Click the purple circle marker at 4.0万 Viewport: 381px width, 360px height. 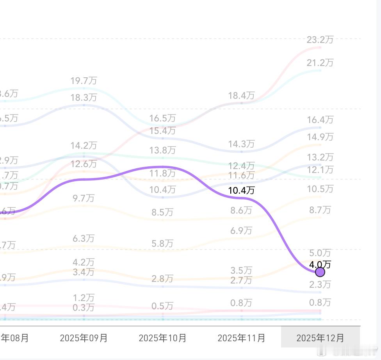320,272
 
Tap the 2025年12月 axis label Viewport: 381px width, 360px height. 320,338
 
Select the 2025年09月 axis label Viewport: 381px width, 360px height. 84,338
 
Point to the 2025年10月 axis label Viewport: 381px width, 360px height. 162,338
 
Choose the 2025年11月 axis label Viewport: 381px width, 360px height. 241,338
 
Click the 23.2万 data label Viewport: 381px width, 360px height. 320,39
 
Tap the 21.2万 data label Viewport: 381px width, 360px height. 320,62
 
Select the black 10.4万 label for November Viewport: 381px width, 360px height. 241,190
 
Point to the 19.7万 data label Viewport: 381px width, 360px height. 84,80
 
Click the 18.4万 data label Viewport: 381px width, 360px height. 241,95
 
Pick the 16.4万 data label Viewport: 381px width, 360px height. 320,119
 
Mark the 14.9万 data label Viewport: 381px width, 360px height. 320,137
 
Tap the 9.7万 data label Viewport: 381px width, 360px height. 84,198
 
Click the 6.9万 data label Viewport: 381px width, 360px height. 241,230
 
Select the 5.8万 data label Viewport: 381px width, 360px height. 162,243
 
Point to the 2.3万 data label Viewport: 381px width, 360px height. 320,284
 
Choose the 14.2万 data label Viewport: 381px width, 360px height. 84,146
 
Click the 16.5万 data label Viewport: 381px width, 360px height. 162,118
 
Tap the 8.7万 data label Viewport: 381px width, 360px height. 320,210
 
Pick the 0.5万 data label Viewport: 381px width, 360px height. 162,306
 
